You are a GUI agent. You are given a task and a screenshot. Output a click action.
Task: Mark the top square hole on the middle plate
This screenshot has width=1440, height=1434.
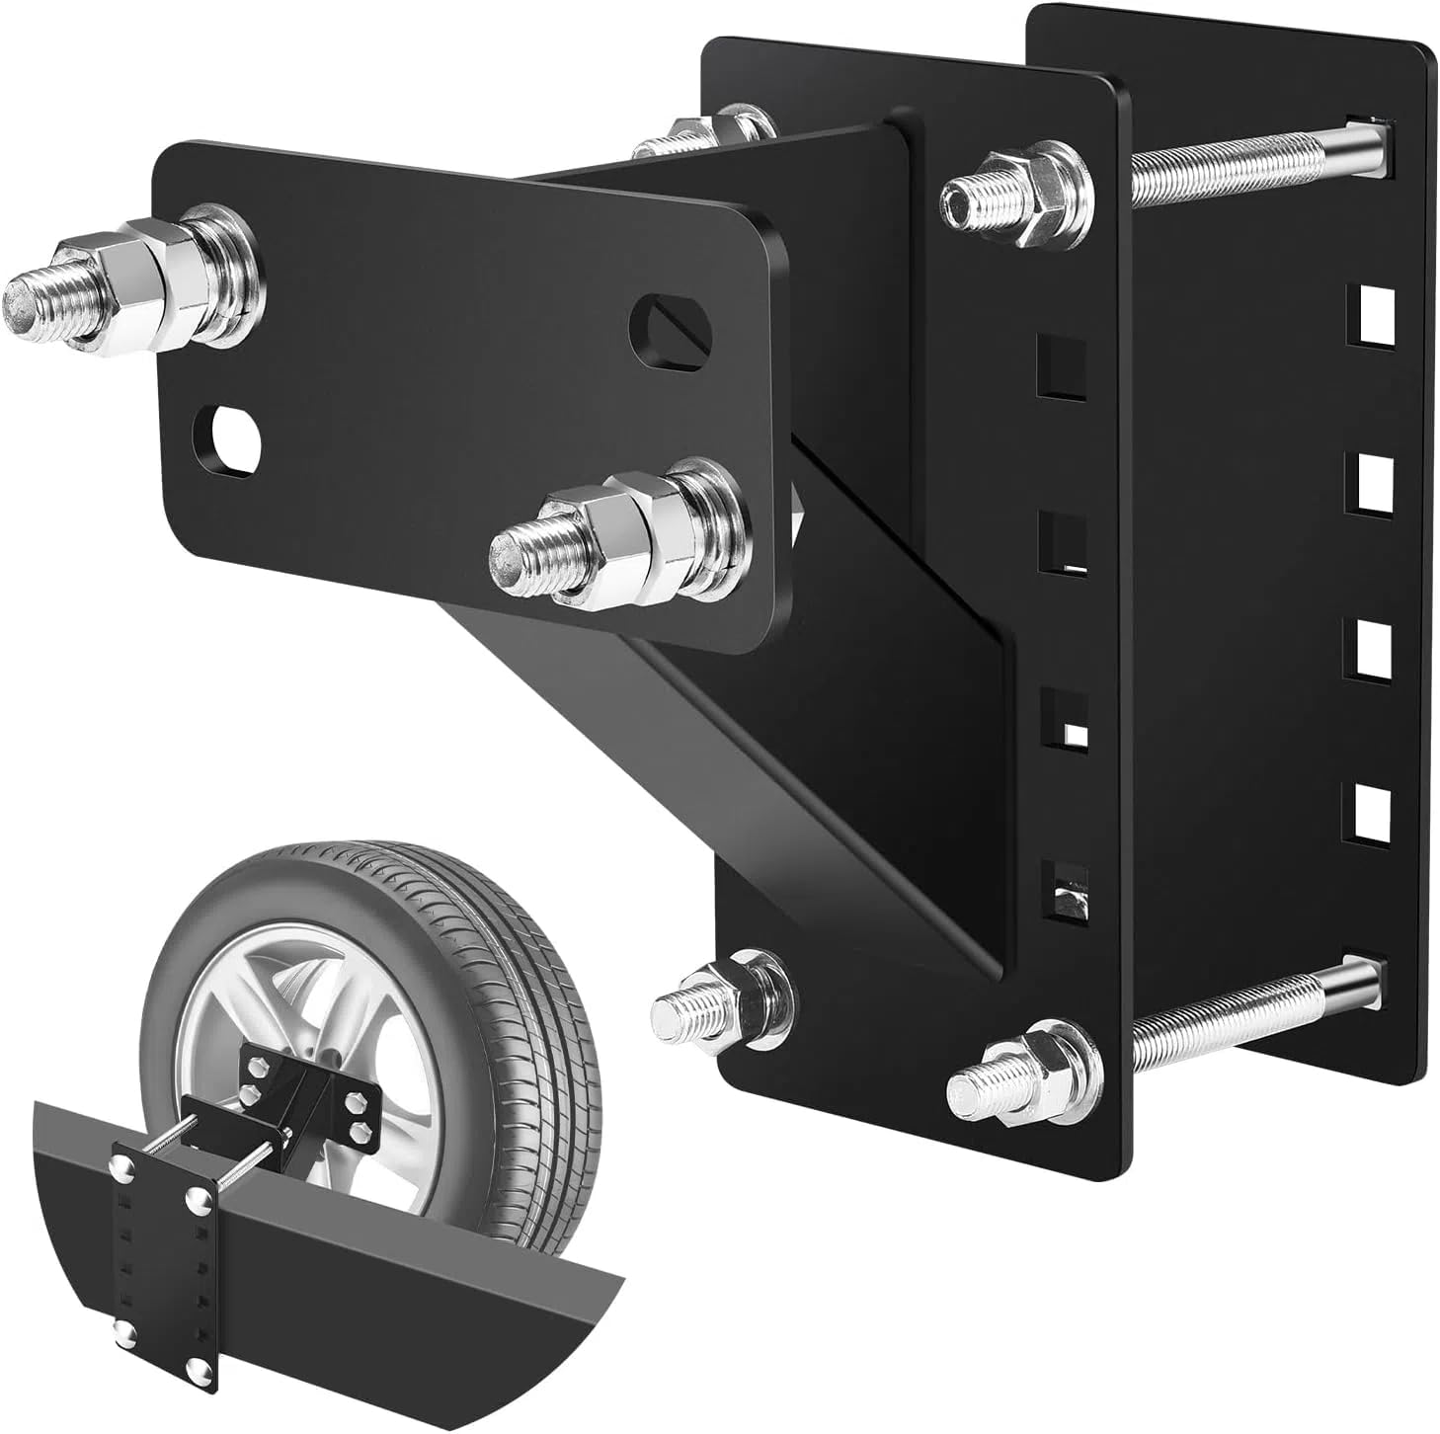1062,365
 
